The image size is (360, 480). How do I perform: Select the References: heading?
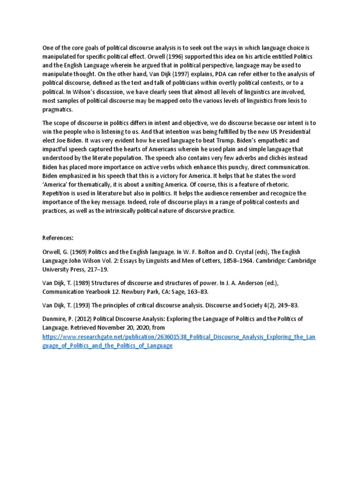(x=58, y=238)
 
